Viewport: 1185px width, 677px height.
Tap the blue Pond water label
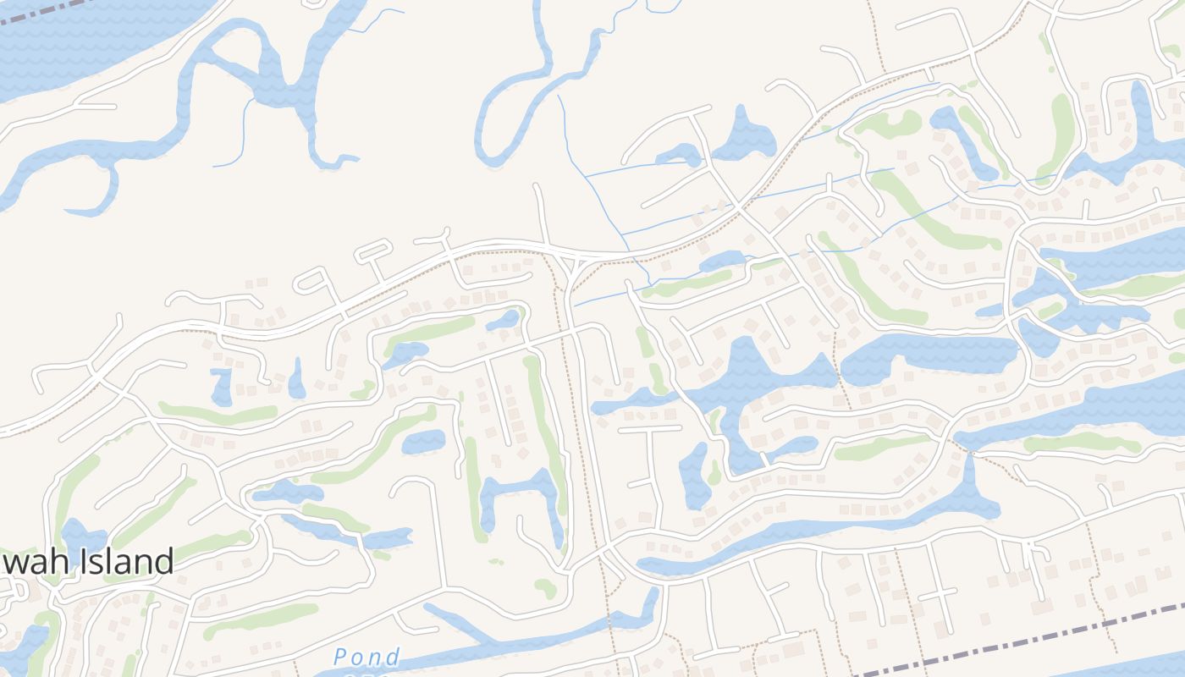[367, 658]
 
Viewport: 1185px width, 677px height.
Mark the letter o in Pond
[359, 658]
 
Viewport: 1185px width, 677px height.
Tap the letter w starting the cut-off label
[10, 562]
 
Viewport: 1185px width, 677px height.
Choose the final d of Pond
[391, 658]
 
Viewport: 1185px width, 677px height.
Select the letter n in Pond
[375, 658]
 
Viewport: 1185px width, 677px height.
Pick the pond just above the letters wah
[80, 535]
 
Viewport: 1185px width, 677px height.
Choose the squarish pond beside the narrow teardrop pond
[222, 386]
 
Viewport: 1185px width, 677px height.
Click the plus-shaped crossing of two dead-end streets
[939, 594]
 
